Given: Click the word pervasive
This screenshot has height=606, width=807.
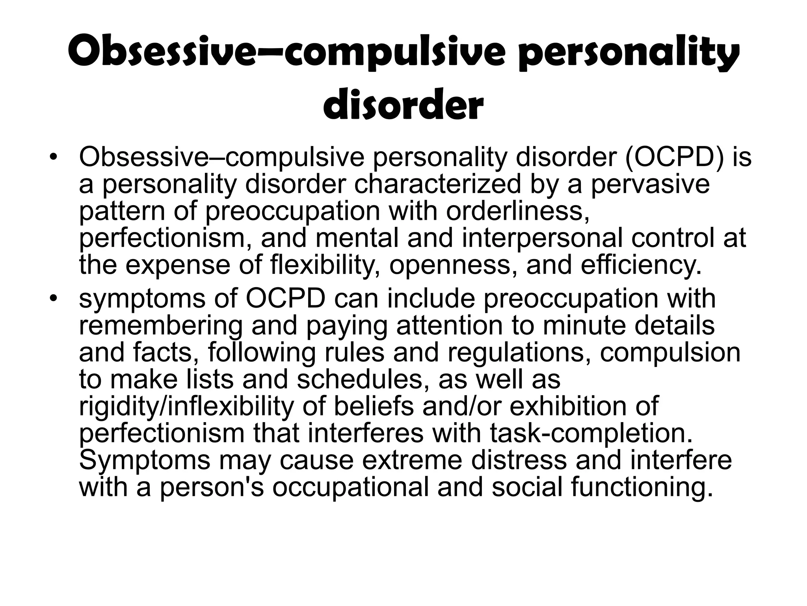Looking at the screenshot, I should pyautogui.click(x=650, y=184).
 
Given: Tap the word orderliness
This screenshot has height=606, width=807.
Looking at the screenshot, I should pyautogui.click(x=517, y=211).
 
